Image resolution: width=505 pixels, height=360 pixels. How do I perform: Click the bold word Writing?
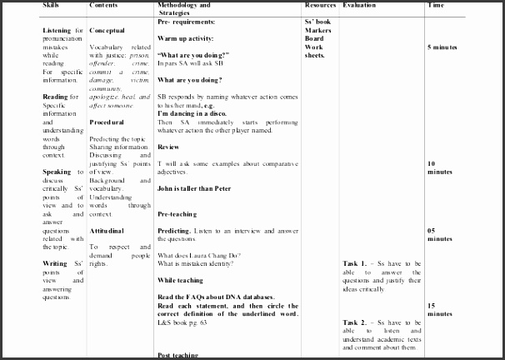[x=56, y=263]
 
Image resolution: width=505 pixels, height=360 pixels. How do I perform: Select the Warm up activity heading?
[x=190, y=38]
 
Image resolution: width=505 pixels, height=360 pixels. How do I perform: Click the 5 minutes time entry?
[x=442, y=47]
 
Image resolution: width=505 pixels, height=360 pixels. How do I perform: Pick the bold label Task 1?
[x=353, y=263]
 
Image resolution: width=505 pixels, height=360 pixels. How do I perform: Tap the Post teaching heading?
[x=178, y=355]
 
